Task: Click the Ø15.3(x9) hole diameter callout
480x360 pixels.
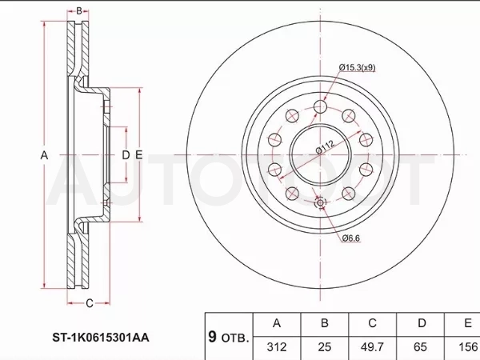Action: pyautogui.click(x=357, y=67)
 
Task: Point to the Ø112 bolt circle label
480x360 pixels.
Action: pyautogui.click(x=326, y=147)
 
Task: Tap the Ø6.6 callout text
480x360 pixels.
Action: pyautogui.click(x=351, y=238)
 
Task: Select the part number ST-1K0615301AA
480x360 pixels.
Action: pyautogui.click(x=101, y=338)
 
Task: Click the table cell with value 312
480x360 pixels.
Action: pyautogui.click(x=277, y=347)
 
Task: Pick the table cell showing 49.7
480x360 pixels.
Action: pyautogui.click(x=372, y=347)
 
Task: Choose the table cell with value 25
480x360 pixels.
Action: pyautogui.click(x=325, y=347)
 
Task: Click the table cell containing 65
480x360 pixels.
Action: pyautogui.click(x=420, y=347)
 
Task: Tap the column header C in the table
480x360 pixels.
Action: pyautogui.click(x=372, y=323)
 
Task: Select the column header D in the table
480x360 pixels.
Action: pyautogui.click(x=422, y=323)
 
